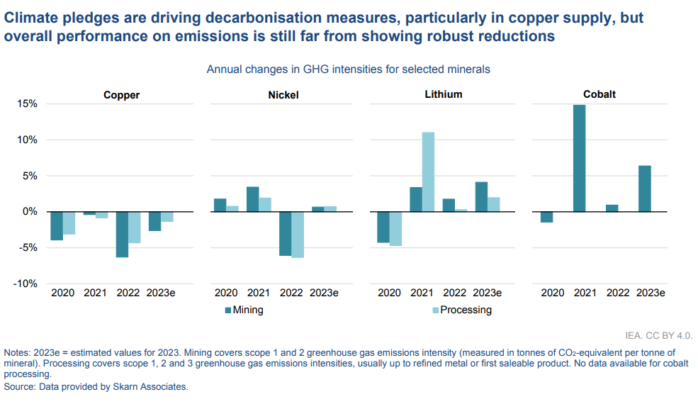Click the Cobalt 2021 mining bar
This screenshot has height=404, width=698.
click(580, 158)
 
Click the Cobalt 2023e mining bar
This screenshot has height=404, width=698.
click(644, 189)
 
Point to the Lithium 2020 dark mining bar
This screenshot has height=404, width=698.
click(383, 227)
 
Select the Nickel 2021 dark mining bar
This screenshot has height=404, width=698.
click(252, 199)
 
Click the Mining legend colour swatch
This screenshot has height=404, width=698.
click(228, 310)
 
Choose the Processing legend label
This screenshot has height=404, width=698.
click(466, 310)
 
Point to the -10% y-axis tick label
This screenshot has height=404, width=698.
click(26, 284)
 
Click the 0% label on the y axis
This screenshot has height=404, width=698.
click(30, 211)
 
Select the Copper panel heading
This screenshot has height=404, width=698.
click(121, 95)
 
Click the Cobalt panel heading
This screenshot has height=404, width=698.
click(599, 95)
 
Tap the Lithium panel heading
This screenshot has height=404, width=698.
click(444, 94)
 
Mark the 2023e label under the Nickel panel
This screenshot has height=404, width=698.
click(324, 293)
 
